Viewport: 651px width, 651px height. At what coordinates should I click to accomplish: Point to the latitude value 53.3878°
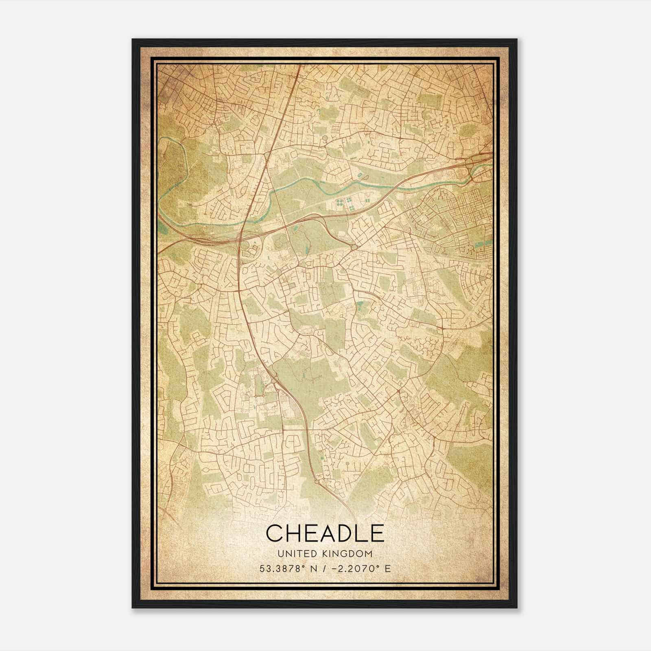[x=280, y=569]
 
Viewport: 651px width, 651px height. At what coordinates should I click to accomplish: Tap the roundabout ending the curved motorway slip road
[x=354, y=247]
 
